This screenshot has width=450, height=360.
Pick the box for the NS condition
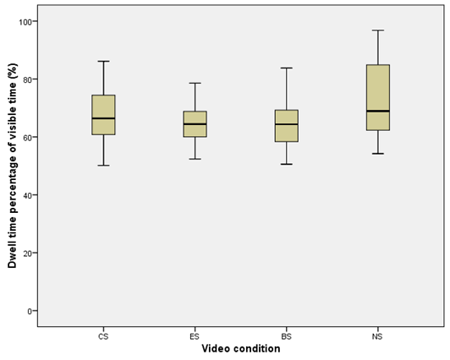[x=378, y=97]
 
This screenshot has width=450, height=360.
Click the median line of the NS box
[x=378, y=111]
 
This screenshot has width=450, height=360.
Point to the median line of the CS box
[x=103, y=118]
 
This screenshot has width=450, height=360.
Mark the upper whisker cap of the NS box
[x=378, y=30]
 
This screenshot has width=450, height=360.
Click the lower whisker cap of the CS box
[x=103, y=165]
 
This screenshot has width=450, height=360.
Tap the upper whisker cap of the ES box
[x=195, y=83]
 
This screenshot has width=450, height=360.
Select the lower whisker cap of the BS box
[x=287, y=164]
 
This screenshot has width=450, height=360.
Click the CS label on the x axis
[x=103, y=335]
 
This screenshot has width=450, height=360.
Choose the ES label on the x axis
[x=195, y=335]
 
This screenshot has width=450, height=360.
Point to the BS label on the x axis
[x=287, y=335]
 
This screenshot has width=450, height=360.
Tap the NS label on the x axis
[x=378, y=335]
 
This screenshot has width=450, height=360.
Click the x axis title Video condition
[x=240, y=348]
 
